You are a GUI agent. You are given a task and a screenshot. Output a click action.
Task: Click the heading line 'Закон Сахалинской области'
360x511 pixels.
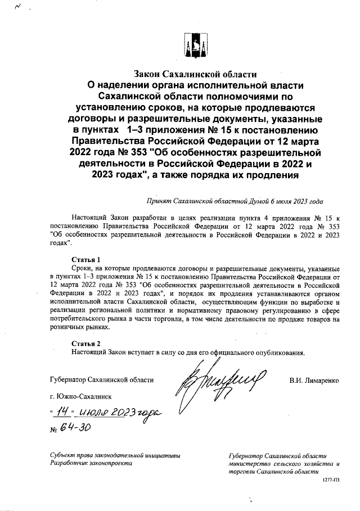(x=195, y=74)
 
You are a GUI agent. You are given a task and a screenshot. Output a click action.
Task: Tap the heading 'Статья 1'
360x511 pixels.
(x=86, y=260)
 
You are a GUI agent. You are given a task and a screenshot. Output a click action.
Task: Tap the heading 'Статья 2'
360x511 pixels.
(x=86, y=343)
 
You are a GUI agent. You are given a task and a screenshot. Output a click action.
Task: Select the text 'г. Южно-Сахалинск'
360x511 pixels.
(x=81, y=396)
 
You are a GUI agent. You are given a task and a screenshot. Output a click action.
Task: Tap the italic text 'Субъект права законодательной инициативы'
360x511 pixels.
(x=114, y=455)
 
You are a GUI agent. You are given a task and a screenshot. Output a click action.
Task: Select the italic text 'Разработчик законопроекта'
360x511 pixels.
(x=91, y=464)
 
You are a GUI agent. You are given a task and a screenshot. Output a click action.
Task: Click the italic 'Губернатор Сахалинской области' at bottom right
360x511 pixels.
(x=278, y=456)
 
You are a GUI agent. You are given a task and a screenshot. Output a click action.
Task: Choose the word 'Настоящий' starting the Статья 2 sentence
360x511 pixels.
(x=88, y=352)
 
